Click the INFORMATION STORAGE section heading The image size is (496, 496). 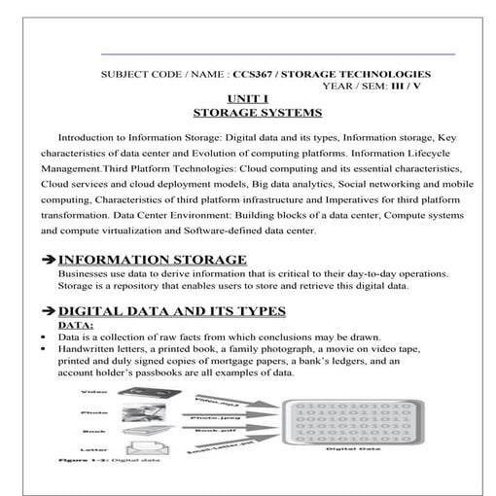pyautogui.click(x=153, y=260)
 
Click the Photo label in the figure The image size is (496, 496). pyautogui.click(x=93, y=411)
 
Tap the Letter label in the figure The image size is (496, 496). pyautogui.click(x=93, y=449)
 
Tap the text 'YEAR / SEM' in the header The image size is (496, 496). pyautogui.click(x=359, y=86)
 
